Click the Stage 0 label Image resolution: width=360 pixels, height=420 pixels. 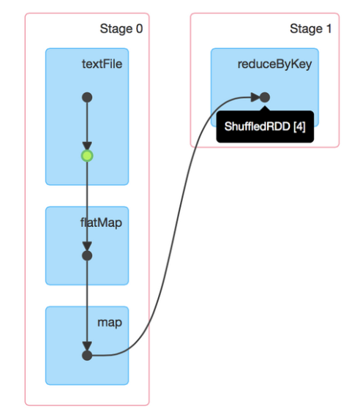pos(121,29)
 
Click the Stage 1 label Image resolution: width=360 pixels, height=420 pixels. pos(311,29)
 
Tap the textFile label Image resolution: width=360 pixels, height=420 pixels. pos(102,64)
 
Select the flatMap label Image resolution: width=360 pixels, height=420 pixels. pos(101,223)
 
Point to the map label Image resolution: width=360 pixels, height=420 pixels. pos(110,323)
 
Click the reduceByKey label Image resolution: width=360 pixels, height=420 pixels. pos(275,64)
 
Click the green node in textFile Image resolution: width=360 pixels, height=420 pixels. pos(87,156)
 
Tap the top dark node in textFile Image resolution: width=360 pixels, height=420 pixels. pos(87,97)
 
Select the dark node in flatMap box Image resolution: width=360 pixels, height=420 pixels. pos(87,256)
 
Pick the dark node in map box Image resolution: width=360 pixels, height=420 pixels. pos(87,356)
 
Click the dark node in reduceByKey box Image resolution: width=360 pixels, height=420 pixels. pos(265,97)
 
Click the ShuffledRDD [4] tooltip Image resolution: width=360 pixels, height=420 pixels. pos(265,126)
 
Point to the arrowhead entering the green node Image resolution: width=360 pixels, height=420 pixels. pos(87,146)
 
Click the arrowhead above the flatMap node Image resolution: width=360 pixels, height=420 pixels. pos(87,246)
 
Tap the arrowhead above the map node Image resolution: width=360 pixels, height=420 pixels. pos(87,346)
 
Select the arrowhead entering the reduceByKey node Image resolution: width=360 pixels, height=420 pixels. pos(255,97)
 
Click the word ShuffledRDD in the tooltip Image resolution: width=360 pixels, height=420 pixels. pos(258,127)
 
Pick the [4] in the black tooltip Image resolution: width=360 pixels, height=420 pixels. pos(300,127)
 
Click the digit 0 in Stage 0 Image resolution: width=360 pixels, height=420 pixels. pos(139,29)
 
